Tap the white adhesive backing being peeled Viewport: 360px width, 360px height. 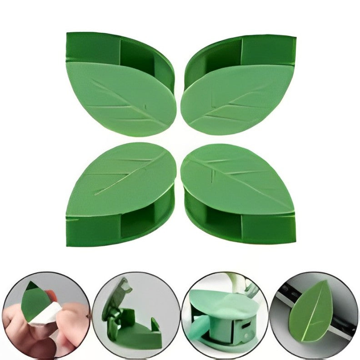pos(45,314)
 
